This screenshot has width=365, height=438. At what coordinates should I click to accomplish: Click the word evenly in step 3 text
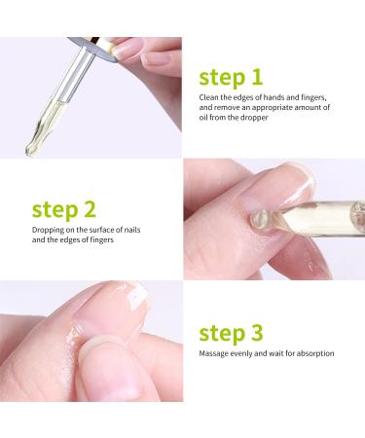pyautogui.click(x=250, y=353)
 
